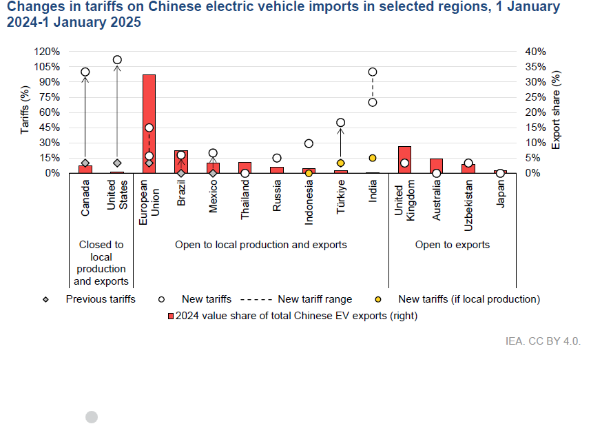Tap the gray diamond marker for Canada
point(85,163)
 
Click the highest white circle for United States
point(117,59)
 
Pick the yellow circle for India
point(373,158)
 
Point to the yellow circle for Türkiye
point(341,163)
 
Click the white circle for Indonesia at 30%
point(309,143)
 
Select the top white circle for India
point(373,72)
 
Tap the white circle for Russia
point(277,158)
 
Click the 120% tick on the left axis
point(47,52)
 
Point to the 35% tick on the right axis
point(536,67)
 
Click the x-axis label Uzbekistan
point(468,205)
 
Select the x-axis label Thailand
point(245,199)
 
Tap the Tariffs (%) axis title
point(25,110)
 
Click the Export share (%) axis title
point(556,110)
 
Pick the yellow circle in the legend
point(378,299)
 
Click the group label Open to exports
point(453,245)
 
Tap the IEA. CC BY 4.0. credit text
point(543,341)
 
